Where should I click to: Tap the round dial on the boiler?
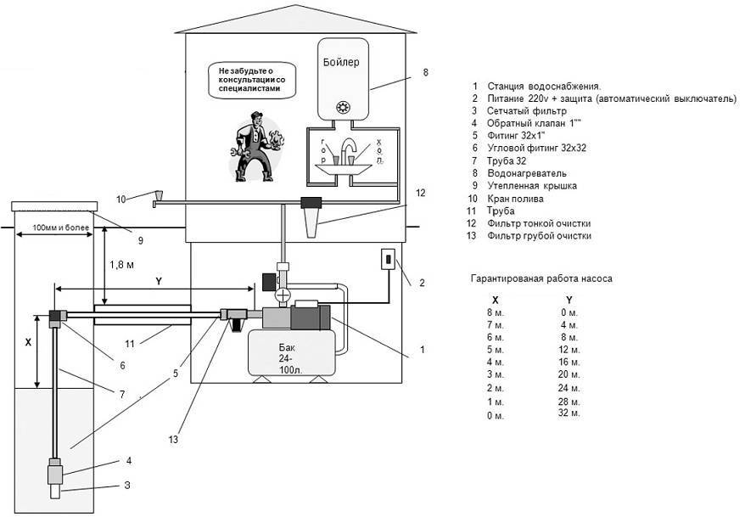click(x=344, y=107)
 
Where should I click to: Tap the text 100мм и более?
click(x=60, y=230)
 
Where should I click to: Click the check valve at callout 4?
click(x=56, y=468)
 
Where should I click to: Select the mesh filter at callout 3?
click(x=56, y=490)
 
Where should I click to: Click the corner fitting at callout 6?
click(x=56, y=318)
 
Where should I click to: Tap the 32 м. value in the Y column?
click(x=569, y=413)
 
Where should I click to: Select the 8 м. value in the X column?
click(x=495, y=312)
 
